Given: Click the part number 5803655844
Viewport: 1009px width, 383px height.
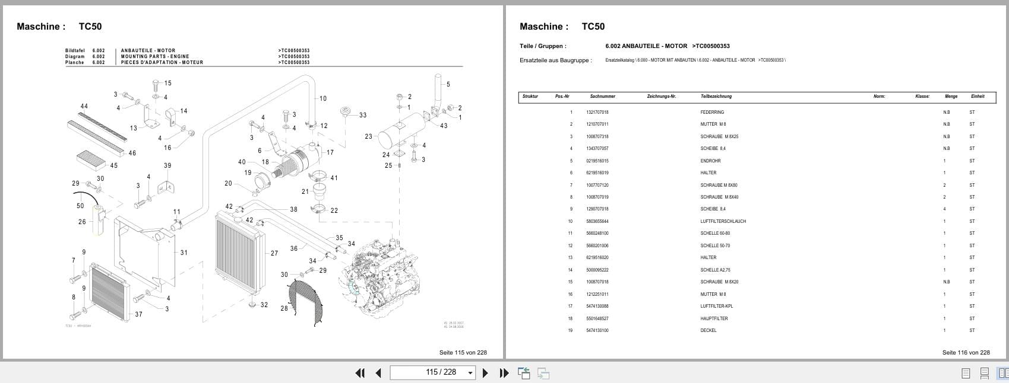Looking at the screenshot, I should click(597, 221).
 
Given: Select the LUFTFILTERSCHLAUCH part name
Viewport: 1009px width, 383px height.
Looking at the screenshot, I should click(723, 221).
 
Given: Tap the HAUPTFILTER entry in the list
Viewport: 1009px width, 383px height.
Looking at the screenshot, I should click(713, 318).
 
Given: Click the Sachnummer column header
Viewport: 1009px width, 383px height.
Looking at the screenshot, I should click(602, 96).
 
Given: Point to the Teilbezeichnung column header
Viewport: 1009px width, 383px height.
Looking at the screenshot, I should click(716, 96).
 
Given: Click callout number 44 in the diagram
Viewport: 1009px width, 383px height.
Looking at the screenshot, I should click(84, 107).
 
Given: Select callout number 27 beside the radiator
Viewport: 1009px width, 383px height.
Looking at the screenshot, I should click(274, 253).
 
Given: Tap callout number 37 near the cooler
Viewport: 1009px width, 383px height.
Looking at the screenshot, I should click(138, 314).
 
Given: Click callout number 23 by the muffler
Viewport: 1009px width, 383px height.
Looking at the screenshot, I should click(368, 136).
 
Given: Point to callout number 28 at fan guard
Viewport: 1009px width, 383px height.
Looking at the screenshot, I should click(284, 308).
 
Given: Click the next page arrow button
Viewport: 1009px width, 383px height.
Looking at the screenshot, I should click(485, 373).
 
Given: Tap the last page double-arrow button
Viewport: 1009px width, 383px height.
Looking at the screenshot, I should click(504, 373).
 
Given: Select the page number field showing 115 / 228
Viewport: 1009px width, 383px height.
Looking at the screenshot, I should click(432, 372).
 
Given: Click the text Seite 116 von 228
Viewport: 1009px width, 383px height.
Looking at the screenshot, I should click(966, 352).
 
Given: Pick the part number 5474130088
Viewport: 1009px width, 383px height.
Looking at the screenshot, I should click(597, 307).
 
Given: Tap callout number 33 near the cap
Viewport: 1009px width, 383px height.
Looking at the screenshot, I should click(362, 116).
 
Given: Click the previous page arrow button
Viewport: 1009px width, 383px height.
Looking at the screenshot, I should click(378, 373).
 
